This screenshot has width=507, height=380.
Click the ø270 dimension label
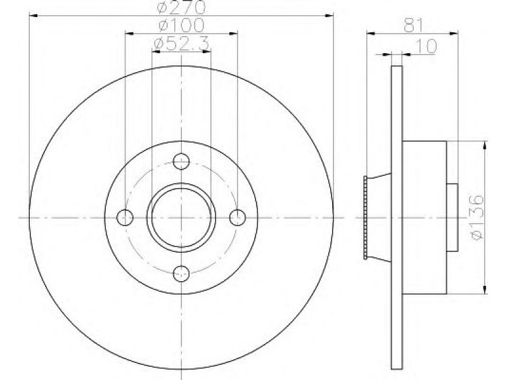[x=181, y=6]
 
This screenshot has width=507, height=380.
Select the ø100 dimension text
[x=181, y=25]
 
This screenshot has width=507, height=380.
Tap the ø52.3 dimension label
[x=181, y=44]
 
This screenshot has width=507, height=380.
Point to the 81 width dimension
[x=414, y=25]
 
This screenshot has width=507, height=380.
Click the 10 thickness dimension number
[x=427, y=46]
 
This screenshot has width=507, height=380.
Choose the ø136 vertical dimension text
[x=477, y=217]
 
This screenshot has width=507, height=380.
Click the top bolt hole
[x=181, y=161]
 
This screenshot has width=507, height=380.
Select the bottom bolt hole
[x=181, y=274]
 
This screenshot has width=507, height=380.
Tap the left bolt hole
[x=125, y=217]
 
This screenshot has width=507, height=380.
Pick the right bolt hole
[x=238, y=217]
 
